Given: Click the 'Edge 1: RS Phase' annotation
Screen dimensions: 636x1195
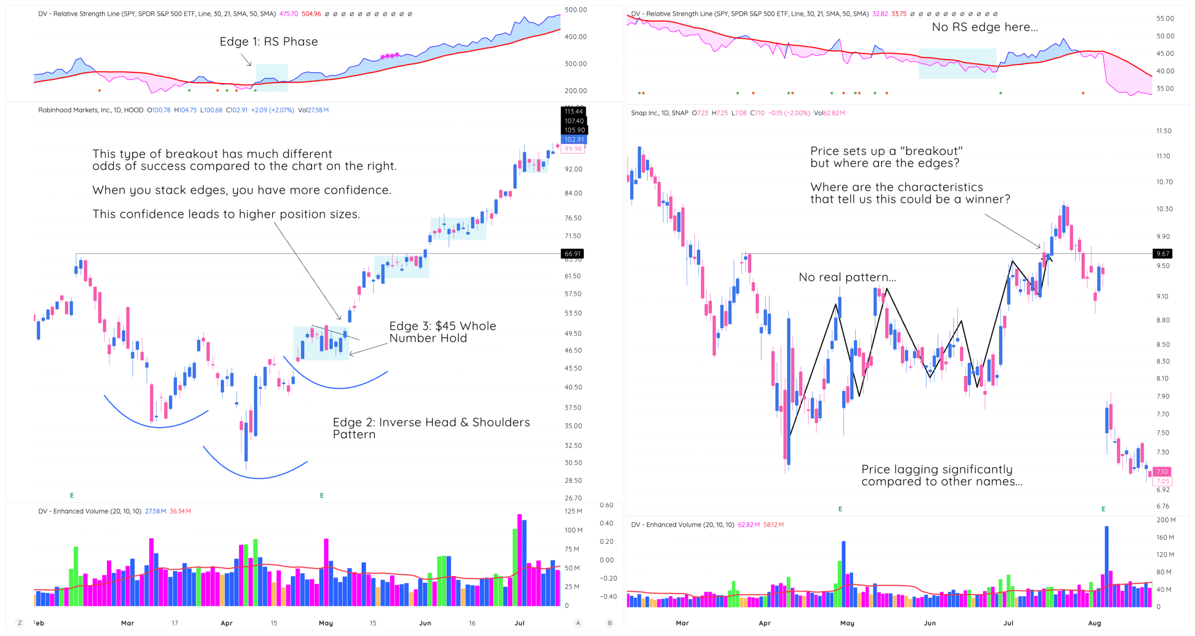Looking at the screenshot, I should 268,42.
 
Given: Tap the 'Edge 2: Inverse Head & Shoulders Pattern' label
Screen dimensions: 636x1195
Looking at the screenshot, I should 431,428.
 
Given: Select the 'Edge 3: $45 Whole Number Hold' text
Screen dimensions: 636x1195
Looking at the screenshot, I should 442,332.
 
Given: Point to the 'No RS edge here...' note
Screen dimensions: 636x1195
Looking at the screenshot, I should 984,27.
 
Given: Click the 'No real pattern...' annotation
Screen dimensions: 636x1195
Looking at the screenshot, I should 847,277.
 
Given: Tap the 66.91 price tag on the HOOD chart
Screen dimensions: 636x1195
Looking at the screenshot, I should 572,254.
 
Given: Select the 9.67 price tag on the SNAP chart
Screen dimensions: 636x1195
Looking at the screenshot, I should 1162,254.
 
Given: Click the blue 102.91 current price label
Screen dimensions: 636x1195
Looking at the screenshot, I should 574,140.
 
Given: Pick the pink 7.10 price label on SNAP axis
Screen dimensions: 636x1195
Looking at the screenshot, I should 1161,472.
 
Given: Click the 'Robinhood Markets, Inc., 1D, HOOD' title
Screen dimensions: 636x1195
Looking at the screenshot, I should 91,110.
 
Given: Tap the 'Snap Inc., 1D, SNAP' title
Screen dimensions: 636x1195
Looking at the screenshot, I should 659,113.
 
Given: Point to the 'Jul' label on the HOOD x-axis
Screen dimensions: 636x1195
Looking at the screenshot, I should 519,623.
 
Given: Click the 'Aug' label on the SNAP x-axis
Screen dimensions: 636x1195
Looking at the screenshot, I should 1094,623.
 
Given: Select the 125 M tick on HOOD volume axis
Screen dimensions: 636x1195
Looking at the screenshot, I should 573,511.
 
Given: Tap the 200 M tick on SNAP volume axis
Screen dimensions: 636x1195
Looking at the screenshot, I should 1166,520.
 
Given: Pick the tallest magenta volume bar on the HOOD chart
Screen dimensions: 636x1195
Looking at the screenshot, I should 520,560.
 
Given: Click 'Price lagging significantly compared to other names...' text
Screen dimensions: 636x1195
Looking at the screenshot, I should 942,475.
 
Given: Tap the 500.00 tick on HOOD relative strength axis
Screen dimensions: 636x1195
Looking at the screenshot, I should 575,10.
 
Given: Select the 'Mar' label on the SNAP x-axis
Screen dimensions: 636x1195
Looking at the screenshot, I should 682,623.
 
